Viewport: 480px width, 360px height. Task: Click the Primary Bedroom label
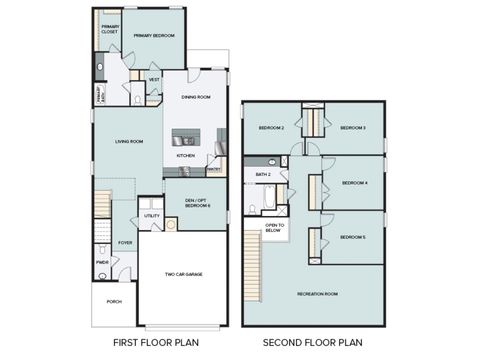(154, 36)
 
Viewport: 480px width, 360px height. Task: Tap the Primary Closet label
(109, 30)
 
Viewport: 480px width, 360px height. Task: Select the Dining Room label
(196, 97)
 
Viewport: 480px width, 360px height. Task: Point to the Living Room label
(128, 141)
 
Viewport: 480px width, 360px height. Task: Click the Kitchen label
(186, 156)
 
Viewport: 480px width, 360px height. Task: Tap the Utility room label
(152, 215)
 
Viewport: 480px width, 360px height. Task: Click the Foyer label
(125, 242)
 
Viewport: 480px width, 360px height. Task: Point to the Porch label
(113, 301)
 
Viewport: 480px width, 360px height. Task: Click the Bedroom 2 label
(272, 128)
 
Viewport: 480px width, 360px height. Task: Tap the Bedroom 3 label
(352, 128)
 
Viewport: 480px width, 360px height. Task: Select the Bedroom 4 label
(355, 183)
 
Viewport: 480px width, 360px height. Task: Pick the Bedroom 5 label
(352, 237)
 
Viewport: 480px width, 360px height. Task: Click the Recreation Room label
(317, 293)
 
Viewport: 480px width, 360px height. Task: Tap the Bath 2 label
(263, 175)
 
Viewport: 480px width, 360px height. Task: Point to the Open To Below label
(275, 227)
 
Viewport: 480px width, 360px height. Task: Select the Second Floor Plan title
(313, 343)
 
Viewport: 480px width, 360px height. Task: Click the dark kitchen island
(187, 137)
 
